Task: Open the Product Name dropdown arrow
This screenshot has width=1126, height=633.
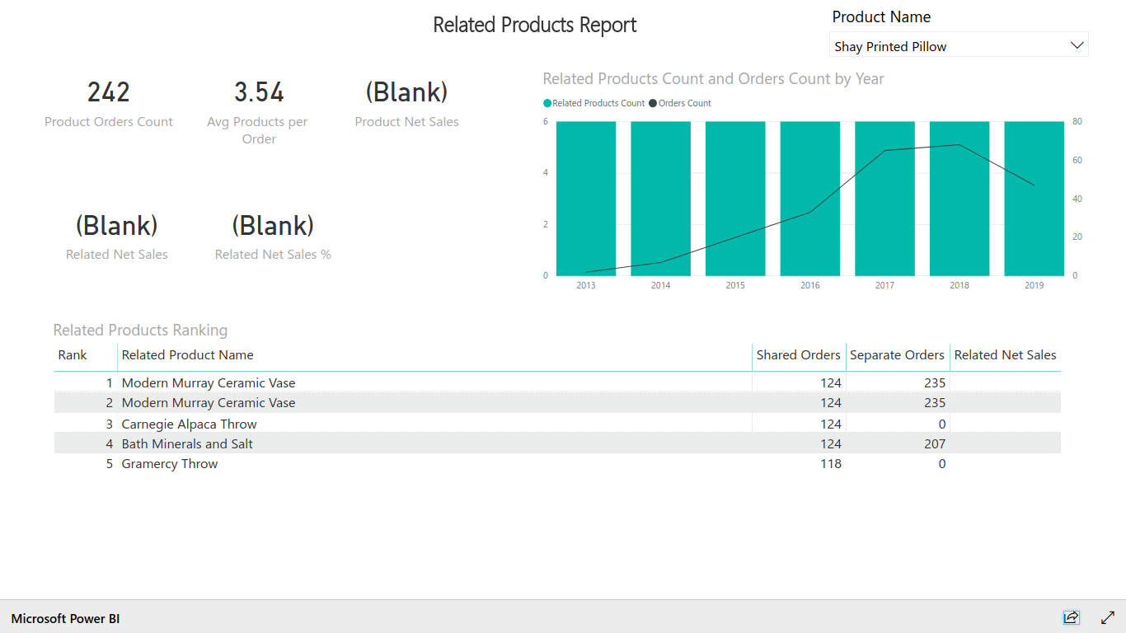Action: (x=1077, y=45)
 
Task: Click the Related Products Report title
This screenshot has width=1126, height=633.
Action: (x=535, y=25)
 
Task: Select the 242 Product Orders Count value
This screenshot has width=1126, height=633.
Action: (x=109, y=92)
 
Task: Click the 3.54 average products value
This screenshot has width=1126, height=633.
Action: (x=259, y=92)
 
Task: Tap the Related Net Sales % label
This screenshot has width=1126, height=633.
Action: (x=273, y=255)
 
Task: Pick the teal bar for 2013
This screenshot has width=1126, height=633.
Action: (x=586, y=198)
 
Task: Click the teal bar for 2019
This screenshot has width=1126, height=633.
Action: (x=1034, y=198)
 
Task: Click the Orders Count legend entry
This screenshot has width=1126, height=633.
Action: (x=684, y=103)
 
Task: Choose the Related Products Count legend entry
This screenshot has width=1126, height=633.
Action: (x=598, y=103)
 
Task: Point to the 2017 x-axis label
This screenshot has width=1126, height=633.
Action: (x=884, y=285)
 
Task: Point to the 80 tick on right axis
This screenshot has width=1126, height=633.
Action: (x=1077, y=122)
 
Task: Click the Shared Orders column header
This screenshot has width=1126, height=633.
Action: (x=798, y=355)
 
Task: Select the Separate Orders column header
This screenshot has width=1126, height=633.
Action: (x=897, y=355)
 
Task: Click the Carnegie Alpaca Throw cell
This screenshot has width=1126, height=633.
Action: (x=190, y=424)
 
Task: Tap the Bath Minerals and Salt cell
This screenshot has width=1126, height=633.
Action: (x=187, y=444)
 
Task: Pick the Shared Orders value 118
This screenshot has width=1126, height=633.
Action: (x=831, y=464)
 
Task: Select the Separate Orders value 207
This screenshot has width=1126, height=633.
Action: (x=935, y=444)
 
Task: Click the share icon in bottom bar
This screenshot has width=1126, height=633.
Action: (x=1071, y=617)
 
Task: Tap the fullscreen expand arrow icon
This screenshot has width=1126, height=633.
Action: (x=1108, y=617)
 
